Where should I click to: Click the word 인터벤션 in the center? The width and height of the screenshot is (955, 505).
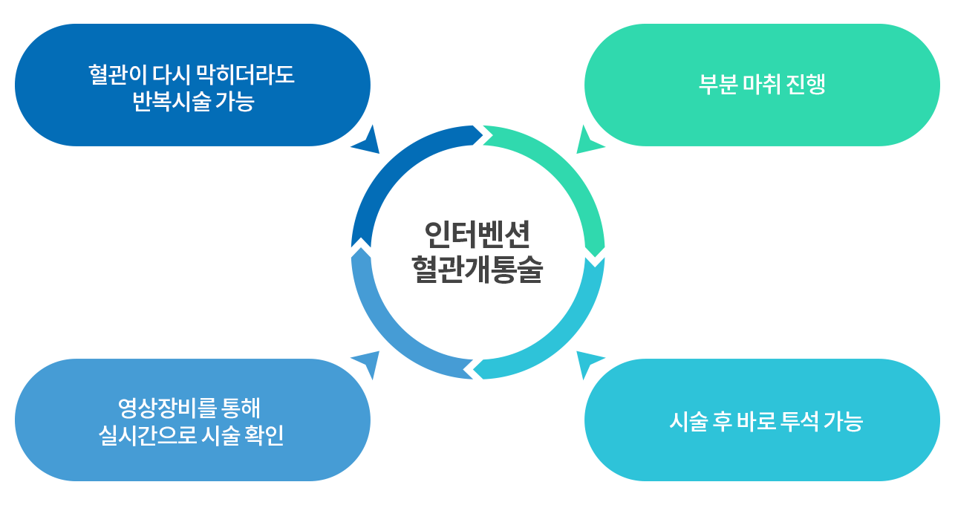[477, 234]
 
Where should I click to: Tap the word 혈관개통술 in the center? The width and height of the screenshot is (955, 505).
[477, 270]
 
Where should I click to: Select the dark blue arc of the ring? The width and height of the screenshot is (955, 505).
[384, 171]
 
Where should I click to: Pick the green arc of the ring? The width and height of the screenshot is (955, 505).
[570, 171]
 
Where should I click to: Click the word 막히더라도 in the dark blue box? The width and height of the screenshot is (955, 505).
[245, 75]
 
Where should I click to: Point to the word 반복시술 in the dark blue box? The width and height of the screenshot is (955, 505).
[172, 102]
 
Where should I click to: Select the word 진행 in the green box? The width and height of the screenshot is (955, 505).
[806, 84]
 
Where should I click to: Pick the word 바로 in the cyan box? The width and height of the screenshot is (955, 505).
[756, 421]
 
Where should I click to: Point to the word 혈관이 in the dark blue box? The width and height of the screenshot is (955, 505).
[118, 75]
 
